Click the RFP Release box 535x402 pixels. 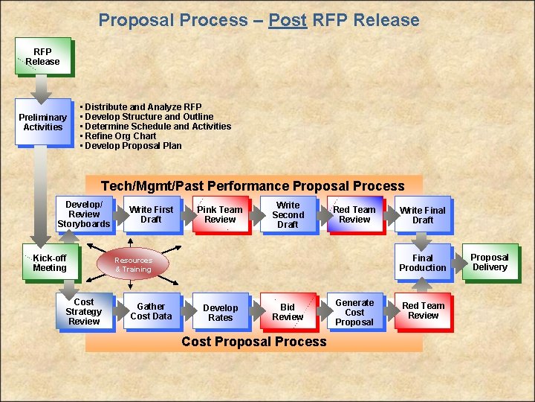[x=43, y=57]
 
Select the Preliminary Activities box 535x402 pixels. [x=43, y=122]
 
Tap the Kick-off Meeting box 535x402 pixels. [x=50, y=263]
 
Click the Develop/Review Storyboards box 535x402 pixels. [x=84, y=214]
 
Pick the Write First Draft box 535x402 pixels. [x=151, y=214]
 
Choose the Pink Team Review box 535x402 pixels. [x=220, y=214]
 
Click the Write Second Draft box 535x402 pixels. [x=288, y=214]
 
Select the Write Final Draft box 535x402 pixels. [x=423, y=215]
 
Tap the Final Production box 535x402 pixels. [x=423, y=263]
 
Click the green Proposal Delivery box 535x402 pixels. [x=490, y=262]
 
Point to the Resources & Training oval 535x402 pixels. [x=133, y=264]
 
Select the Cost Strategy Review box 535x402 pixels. [x=84, y=311]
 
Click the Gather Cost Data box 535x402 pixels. [x=151, y=311]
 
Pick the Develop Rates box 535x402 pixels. [x=220, y=312]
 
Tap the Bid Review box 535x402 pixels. [x=288, y=311]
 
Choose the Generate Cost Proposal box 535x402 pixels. [x=354, y=312]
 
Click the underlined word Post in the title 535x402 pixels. [x=288, y=20]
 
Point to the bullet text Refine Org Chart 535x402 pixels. [x=120, y=136]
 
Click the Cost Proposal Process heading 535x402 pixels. [x=254, y=342]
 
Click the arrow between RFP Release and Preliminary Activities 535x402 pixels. [x=43, y=88]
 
